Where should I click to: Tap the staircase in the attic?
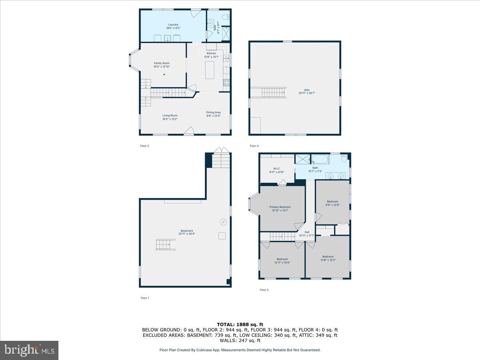[x=274, y=92]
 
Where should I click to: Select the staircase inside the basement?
[x=165, y=244]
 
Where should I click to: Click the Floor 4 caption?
[x=254, y=146]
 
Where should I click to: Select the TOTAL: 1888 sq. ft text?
[x=240, y=324]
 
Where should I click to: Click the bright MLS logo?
[x=29, y=350]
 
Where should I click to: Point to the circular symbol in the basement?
[x=223, y=222]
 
